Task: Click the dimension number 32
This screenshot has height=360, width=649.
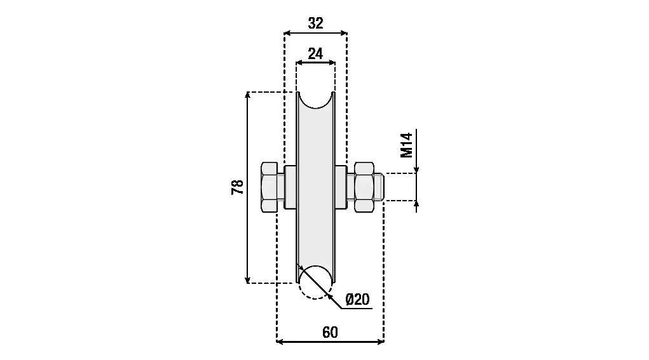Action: coord(315,23)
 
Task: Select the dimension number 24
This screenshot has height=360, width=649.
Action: coord(315,54)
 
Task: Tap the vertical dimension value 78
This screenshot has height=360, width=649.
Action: coord(238,187)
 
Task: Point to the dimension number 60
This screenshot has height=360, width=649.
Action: coord(330,332)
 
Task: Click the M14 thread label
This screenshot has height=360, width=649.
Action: coord(407,145)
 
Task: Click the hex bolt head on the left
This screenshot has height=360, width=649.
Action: coord(269,187)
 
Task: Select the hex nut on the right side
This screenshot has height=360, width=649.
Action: coord(364,187)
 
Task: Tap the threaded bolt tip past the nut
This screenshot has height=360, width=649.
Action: coord(379,187)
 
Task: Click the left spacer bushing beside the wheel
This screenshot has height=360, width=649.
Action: coord(290,187)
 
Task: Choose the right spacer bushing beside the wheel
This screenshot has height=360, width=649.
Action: coord(341,187)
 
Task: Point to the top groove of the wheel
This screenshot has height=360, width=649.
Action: coord(315,100)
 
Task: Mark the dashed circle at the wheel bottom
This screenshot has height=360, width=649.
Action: coord(315,283)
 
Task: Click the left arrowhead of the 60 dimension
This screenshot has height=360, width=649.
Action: coord(280,342)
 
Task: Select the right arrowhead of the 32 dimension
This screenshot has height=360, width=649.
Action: coord(343,32)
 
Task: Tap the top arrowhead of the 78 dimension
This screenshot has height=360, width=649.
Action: coord(247,95)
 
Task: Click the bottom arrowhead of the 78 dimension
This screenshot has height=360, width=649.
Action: coord(247,279)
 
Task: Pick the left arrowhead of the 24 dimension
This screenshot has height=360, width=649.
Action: coord(300,63)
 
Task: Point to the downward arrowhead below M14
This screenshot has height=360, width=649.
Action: coord(416,170)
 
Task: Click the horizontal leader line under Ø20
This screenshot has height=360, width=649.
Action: coord(357,309)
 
